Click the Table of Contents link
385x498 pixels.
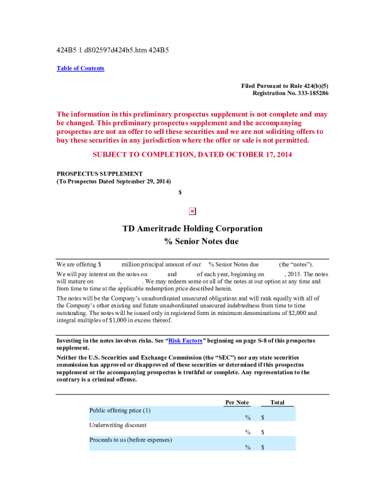tap(81, 69)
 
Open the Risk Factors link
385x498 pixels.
tap(186, 340)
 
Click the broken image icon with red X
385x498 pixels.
tap(192, 211)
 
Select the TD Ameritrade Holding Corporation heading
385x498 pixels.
tap(192, 228)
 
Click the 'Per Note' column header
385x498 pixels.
tap(237, 402)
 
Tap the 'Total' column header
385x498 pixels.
tap(277, 402)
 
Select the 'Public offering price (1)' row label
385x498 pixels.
tap(120, 410)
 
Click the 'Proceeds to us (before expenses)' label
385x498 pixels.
tap(131, 440)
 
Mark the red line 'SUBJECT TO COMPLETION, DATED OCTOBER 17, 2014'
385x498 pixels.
tap(192, 154)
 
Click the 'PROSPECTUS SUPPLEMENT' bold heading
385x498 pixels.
tap(99, 174)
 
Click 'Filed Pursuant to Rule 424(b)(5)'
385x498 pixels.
tap(284, 86)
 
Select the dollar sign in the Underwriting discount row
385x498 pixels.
tap(262, 433)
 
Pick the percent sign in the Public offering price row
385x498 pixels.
tap(248, 418)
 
